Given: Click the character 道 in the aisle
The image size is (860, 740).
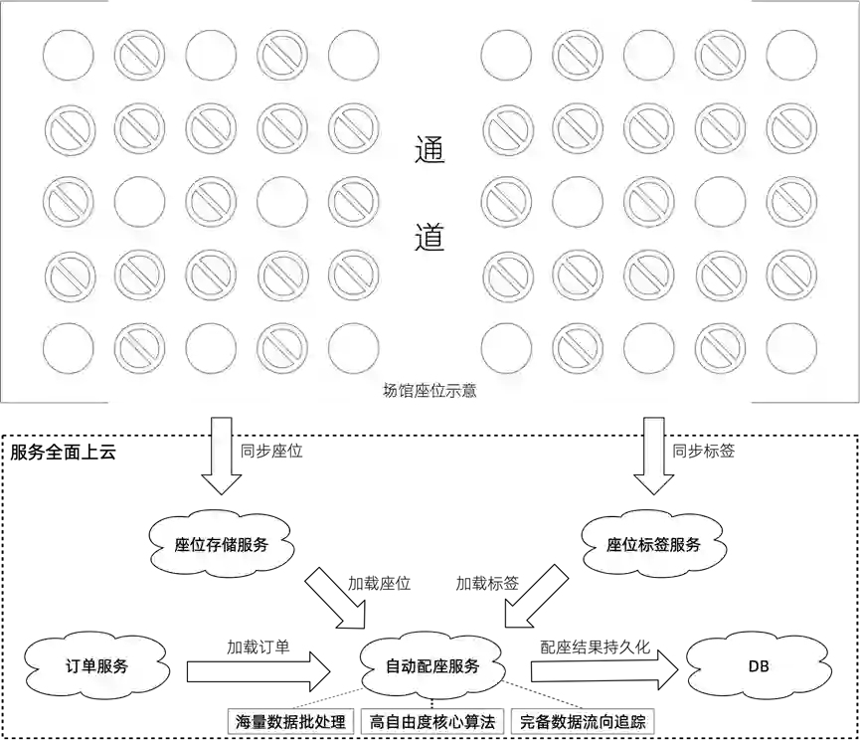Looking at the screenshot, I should click(430, 237).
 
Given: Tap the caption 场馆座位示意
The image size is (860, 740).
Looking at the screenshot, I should click(430, 391).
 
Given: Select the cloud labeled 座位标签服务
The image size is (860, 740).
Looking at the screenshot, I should click(653, 545).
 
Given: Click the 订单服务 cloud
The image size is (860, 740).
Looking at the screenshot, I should click(96, 666).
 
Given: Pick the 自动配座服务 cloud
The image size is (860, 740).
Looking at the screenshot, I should click(432, 666).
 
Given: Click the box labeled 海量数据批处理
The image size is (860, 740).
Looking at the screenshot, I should click(290, 722).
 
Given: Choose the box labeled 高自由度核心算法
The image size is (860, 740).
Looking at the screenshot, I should click(431, 722).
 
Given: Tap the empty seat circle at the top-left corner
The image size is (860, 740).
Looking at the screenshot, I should click(69, 55).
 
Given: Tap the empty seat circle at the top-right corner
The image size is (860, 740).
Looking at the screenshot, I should click(792, 55).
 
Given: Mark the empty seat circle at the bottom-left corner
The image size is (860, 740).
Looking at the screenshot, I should click(69, 349).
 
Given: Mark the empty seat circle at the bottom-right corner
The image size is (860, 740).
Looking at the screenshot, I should click(792, 349).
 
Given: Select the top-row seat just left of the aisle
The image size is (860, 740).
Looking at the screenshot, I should click(353, 55).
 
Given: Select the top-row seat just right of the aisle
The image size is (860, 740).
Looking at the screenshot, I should click(506, 55).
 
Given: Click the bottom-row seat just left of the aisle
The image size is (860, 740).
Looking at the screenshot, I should click(353, 349).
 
